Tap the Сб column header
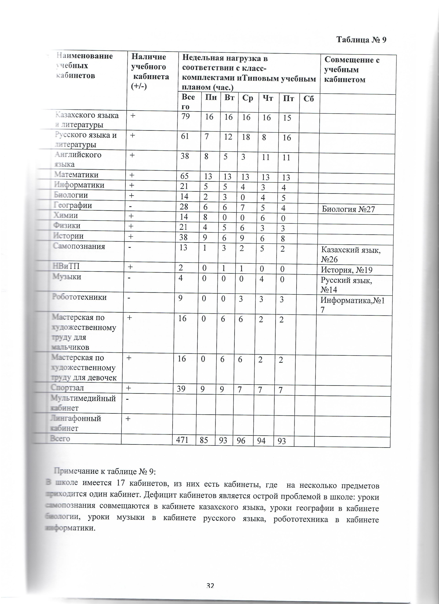pos(309,99)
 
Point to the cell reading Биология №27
pos(348,209)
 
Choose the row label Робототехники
pos(79,297)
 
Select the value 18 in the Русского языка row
pos(246,137)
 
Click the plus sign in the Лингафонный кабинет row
pos(128,419)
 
